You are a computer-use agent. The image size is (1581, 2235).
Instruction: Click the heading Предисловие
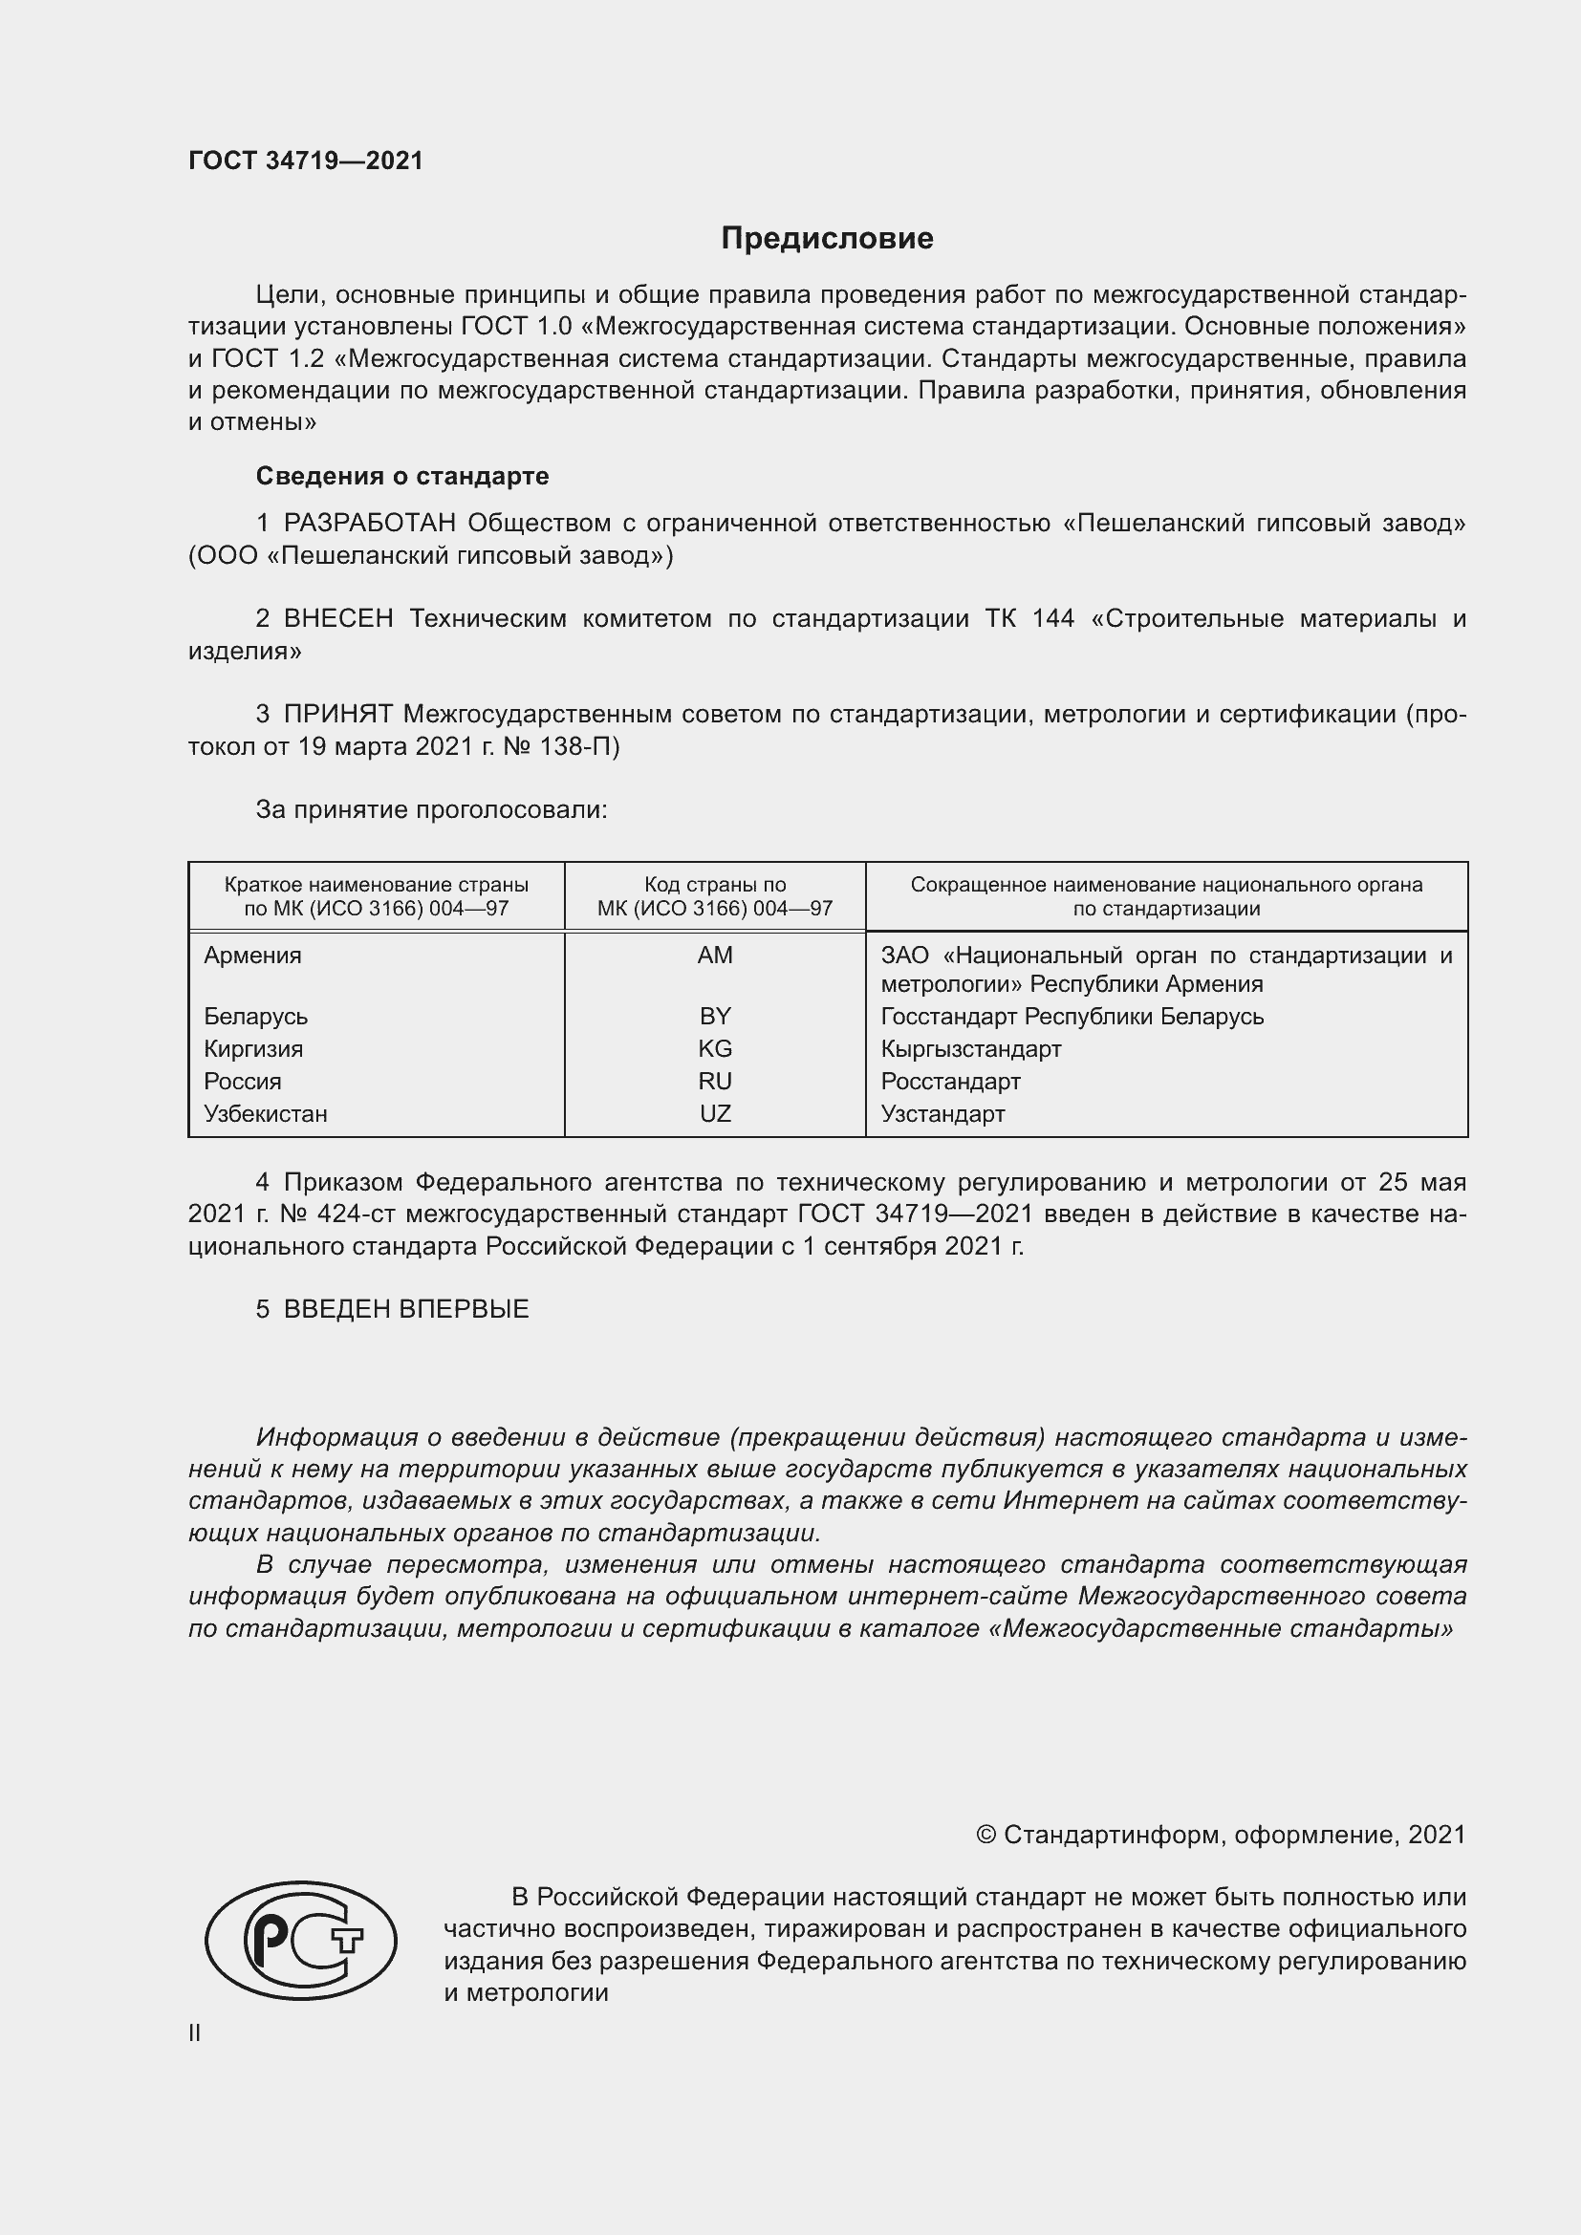click(x=827, y=239)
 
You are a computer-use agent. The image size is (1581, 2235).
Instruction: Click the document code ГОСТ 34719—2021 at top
click(x=306, y=161)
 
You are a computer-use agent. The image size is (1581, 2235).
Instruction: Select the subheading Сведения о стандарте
click(x=402, y=476)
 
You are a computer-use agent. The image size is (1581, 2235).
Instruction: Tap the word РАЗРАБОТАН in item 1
click(x=369, y=524)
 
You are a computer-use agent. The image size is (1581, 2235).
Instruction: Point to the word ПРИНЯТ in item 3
click(x=337, y=715)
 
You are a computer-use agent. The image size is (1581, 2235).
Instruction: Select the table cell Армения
click(x=252, y=955)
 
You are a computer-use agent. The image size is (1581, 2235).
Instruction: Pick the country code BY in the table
click(x=715, y=1017)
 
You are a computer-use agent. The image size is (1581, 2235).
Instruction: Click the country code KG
click(x=715, y=1048)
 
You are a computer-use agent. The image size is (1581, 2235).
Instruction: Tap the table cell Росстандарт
click(x=950, y=1082)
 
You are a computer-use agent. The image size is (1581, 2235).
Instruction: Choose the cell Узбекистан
click(x=265, y=1113)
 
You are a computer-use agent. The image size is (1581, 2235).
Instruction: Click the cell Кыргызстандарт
click(x=970, y=1048)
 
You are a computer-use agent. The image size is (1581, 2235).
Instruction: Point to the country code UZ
click(x=715, y=1113)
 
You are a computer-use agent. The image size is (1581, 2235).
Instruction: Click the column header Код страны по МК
click(x=715, y=896)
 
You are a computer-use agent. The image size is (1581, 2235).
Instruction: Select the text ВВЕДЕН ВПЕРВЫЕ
click(x=406, y=1309)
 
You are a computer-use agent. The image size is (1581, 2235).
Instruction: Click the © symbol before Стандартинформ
click(x=985, y=1835)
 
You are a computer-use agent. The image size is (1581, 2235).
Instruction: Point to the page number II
click(x=195, y=2032)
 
